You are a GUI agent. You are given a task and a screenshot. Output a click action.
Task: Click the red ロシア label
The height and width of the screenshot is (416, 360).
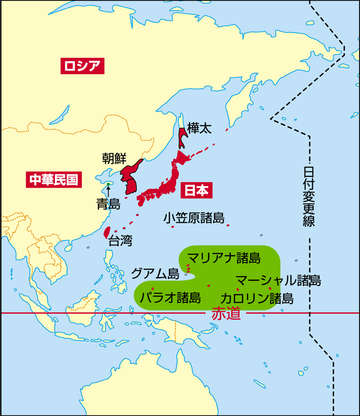(82, 66)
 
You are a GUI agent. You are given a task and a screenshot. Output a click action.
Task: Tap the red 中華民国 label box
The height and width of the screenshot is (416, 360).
(54, 180)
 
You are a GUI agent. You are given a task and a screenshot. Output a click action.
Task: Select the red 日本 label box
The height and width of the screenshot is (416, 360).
(196, 190)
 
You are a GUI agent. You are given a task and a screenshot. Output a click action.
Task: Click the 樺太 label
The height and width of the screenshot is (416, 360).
(199, 128)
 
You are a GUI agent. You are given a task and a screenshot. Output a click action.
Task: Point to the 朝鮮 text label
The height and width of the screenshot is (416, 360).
(115, 158)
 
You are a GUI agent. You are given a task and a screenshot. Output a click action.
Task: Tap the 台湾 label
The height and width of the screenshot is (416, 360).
(120, 241)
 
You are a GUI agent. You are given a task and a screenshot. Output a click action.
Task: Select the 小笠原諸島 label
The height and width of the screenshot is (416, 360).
(193, 218)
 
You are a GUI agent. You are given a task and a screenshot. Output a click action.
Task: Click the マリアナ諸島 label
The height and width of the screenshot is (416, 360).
(224, 258)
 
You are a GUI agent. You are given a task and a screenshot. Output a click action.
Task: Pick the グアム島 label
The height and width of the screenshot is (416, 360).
(155, 273)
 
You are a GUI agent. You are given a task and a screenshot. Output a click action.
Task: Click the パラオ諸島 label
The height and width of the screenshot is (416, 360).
(170, 298)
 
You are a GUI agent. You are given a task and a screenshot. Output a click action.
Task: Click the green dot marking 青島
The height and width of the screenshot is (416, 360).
(108, 184)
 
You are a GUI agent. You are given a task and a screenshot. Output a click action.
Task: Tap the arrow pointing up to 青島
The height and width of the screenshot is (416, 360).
(108, 191)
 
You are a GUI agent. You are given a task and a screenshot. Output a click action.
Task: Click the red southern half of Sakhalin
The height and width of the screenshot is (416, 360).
(182, 137)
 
